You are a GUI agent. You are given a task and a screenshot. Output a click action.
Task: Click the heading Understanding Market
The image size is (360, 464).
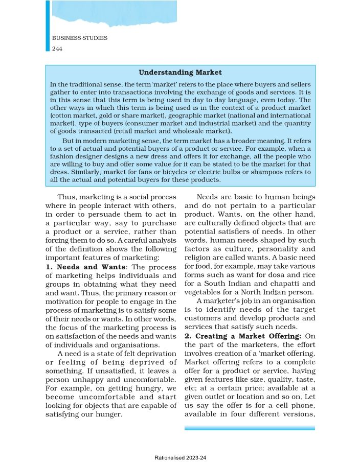(180, 73)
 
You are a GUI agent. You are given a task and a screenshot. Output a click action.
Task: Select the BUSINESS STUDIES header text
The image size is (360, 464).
(80, 38)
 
